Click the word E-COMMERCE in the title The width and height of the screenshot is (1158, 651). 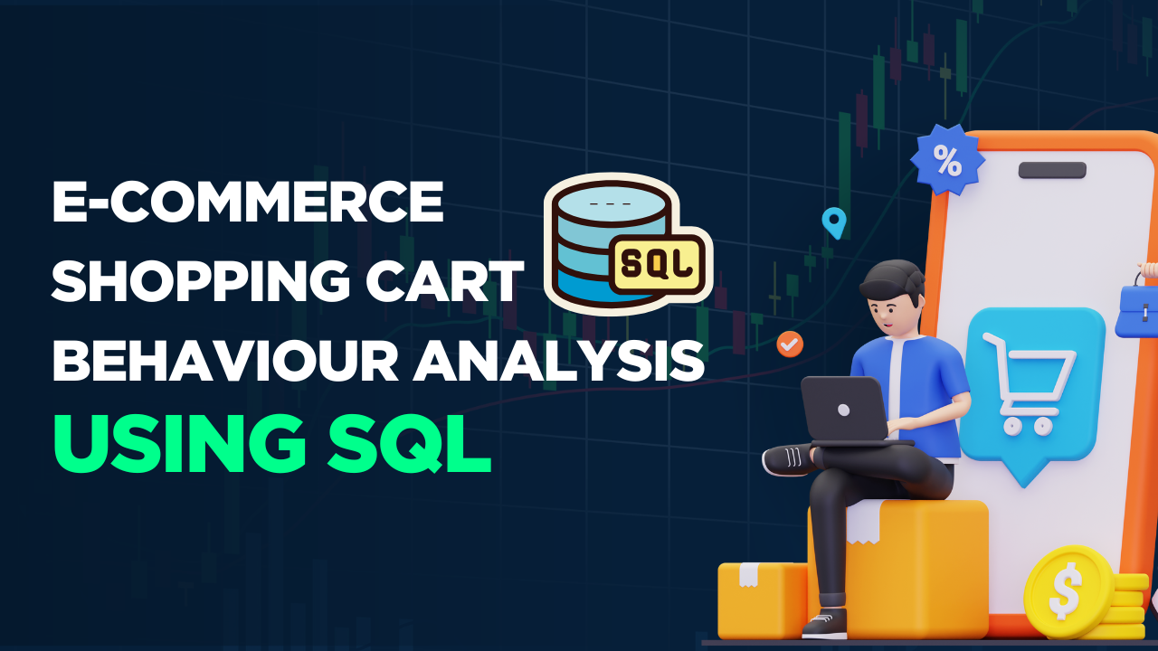click(247, 203)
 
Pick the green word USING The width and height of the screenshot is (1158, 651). click(176, 443)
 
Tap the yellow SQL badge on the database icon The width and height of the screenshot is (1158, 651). click(657, 263)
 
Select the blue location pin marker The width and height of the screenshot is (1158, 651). click(833, 222)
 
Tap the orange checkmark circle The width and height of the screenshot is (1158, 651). click(790, 344)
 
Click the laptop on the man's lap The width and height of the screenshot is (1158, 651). click(844, 410)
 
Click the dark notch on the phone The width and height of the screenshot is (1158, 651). click(1052, 170)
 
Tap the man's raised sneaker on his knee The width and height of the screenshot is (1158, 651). click(789, 459)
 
